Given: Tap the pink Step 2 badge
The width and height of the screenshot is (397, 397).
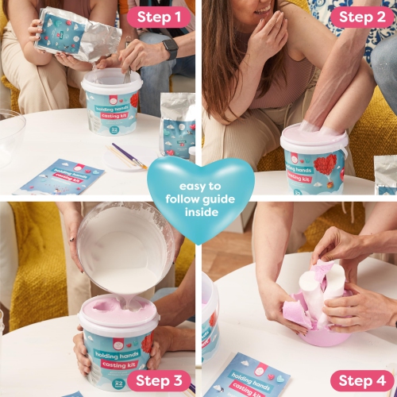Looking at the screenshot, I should [361, 17].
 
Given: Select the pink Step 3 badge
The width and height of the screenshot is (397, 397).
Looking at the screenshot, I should [159, 380].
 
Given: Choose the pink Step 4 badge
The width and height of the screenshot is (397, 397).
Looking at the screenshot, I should [361, 380].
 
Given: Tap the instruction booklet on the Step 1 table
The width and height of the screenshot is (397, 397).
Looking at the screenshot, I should [60, 177].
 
